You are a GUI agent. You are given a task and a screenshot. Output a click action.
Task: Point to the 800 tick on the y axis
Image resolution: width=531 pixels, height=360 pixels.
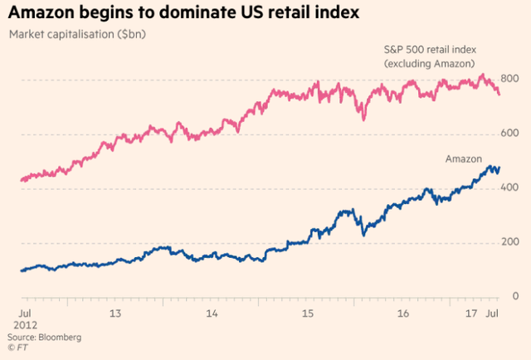[509, 80]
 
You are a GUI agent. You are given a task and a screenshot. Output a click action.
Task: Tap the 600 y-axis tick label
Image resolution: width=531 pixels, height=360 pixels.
[509, 134]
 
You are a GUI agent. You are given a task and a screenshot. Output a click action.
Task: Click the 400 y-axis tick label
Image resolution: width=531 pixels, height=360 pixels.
[509, 188]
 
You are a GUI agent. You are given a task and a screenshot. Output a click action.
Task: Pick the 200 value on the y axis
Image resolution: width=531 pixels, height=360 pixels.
[509, 242]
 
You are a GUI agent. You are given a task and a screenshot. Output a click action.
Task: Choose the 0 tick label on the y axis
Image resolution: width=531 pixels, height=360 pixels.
[515, 296]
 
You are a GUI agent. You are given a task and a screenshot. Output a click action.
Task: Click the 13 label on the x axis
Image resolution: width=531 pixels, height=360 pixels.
[116, 314]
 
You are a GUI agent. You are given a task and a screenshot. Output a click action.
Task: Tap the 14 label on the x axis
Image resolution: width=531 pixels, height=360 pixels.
[212, 314]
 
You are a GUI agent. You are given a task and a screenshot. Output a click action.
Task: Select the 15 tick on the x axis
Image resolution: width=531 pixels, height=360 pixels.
[308, 314]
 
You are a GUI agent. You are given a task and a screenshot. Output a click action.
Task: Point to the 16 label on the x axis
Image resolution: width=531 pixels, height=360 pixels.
[404, 314]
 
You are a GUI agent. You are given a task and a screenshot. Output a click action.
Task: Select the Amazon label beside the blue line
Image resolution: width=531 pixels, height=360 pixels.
[464, 158]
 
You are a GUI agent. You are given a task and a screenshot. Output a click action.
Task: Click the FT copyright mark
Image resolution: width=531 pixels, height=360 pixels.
[17, 349]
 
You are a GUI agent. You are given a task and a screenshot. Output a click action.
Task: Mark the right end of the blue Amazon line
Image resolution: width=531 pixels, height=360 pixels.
[499, 168]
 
